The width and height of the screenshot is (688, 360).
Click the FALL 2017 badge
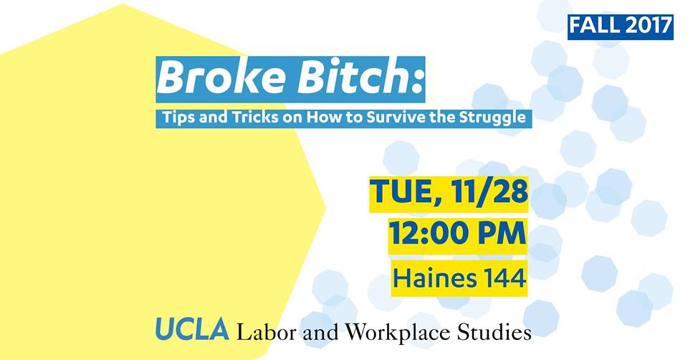[x=621, y=27]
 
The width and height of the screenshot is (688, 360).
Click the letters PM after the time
[x=502, y=234]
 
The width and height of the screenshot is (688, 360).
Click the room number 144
[x=505, y=278]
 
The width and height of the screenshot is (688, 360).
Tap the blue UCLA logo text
[x=192, y=330]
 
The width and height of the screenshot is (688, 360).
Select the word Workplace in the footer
[x=398, y=333]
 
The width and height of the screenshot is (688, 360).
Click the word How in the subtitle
[x=321, y=117]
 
